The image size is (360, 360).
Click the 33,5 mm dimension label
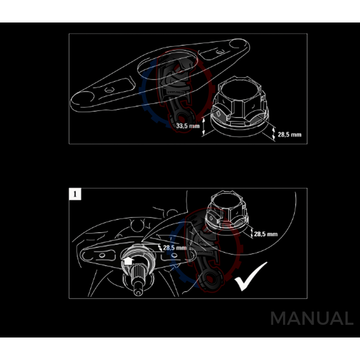pyautogui.click(x=188, y=126)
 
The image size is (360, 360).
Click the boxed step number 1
pyautogui.click(x=75, y=194)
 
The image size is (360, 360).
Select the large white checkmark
pyautogui.click(x=250, y=275)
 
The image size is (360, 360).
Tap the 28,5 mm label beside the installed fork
pyautogui.click(x=175, y=247)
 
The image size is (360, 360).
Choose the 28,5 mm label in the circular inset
pyautogui.click(x=265, y=234)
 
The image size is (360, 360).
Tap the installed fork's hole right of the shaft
pyautogui.click(x=175, y=256)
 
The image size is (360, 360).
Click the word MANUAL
pyautogui.click(x=312, y=319)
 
